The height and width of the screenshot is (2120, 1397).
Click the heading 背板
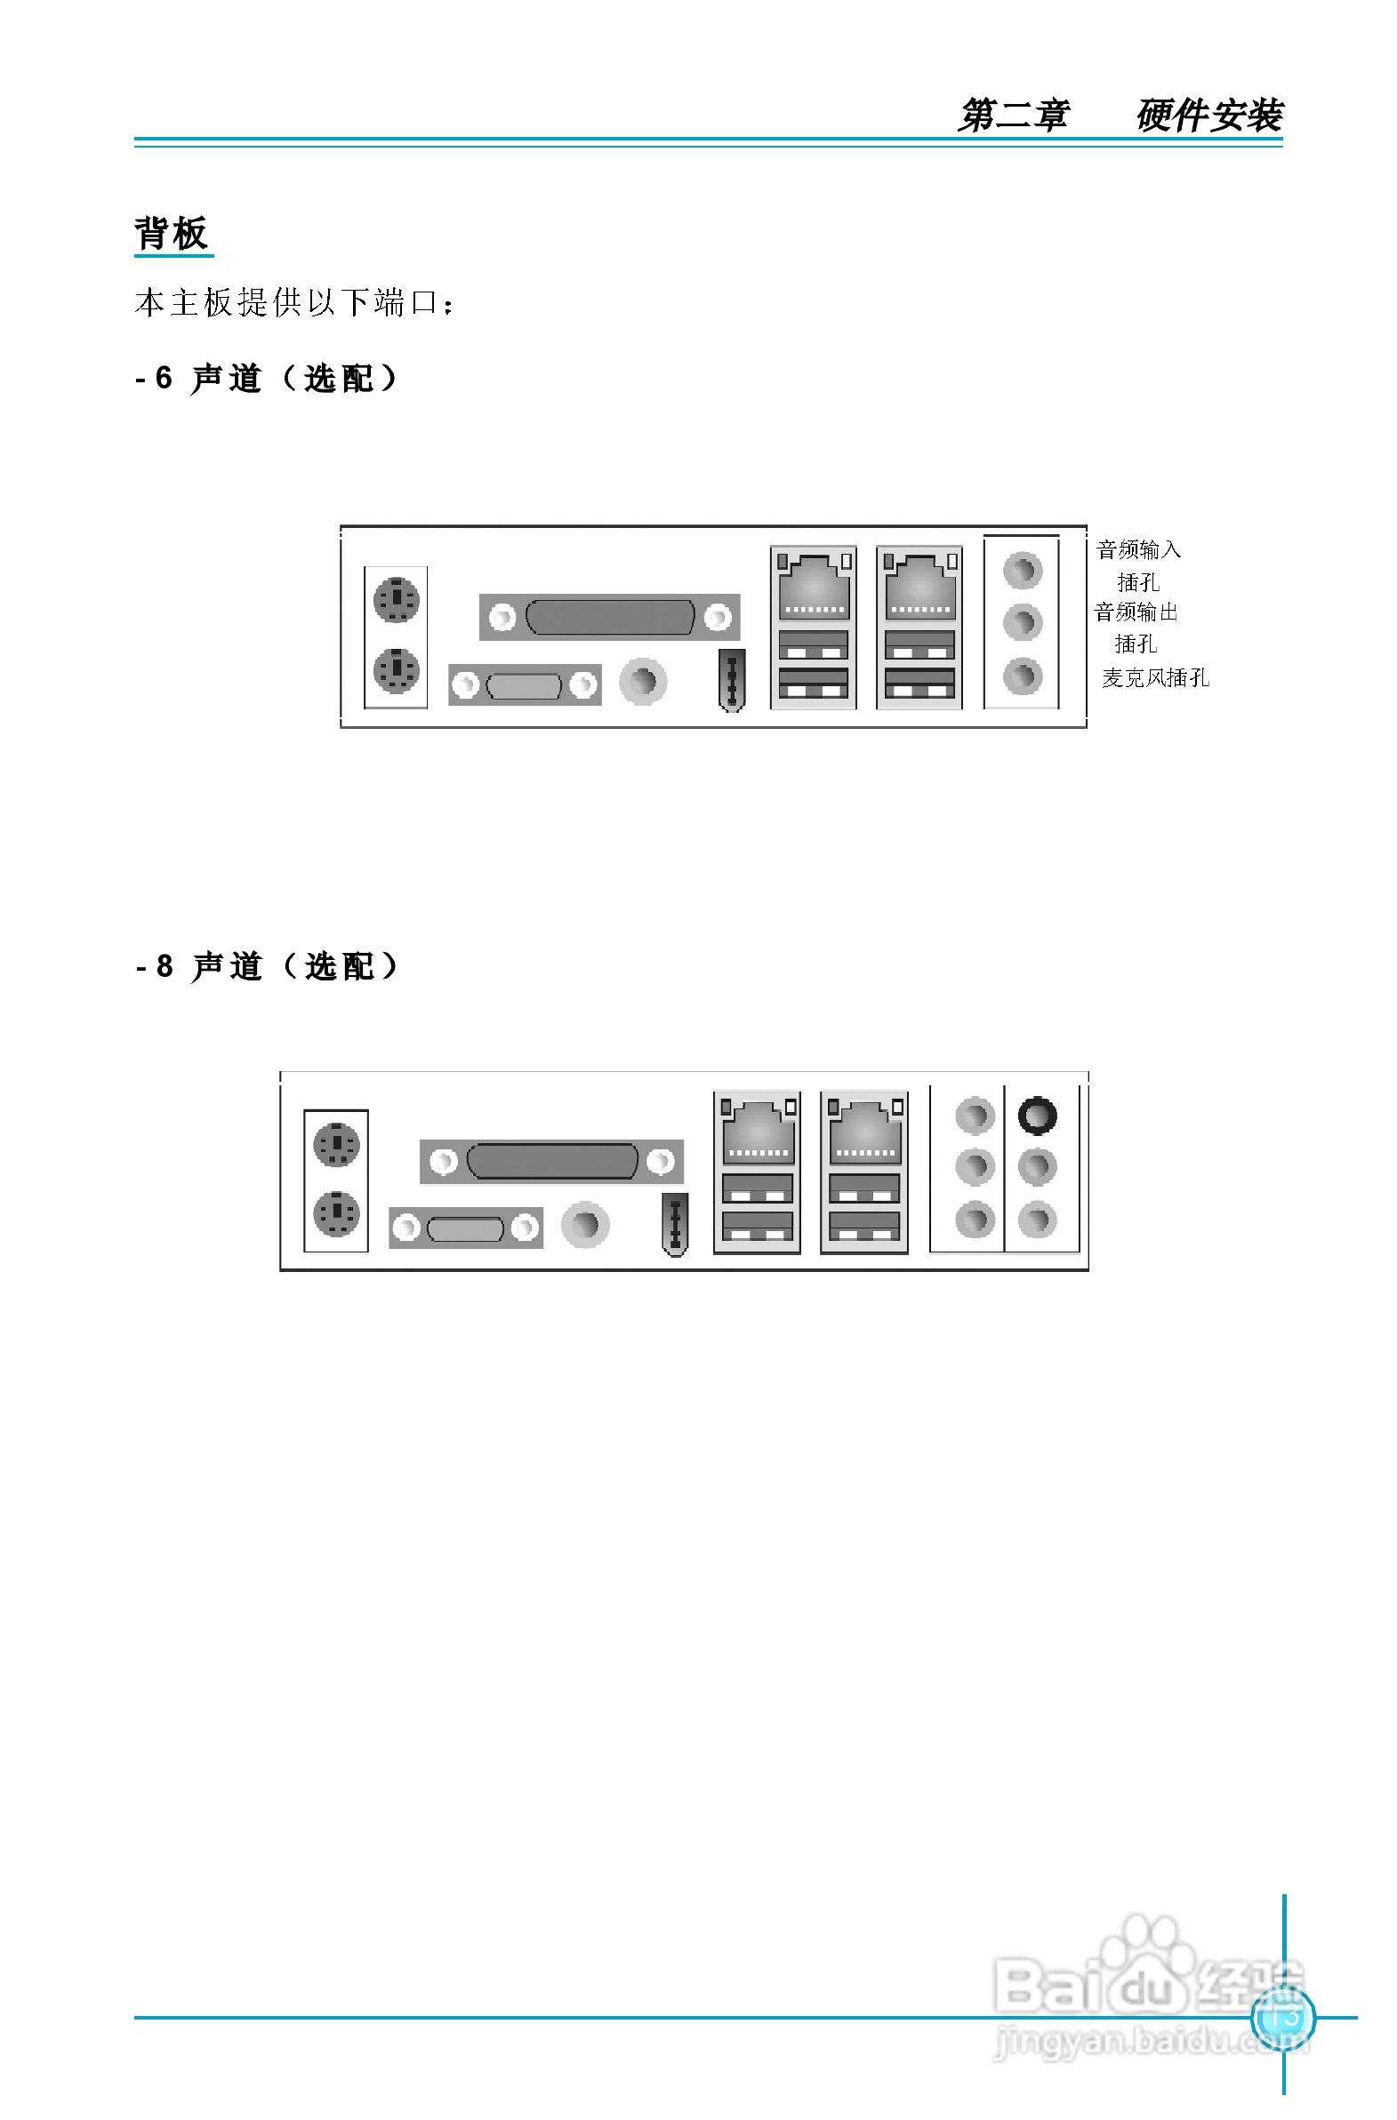tap(172, 234)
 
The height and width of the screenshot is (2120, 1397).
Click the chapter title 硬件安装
tap(1209, 116)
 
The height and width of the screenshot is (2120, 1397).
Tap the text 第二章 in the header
tap(1014, 116)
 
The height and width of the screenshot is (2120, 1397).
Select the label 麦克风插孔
tap(1155, 678)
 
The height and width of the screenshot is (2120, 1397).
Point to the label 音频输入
tap(1138, 549)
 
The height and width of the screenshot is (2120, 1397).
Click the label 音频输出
tap(1136, 612)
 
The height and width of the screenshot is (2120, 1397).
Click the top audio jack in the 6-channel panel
tap(1022, 570)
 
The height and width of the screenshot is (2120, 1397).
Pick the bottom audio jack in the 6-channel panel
tap(1022, 676)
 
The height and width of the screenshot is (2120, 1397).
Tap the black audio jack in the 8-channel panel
tap(1037, 1116)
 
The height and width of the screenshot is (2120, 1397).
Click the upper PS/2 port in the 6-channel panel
tap(397, 599)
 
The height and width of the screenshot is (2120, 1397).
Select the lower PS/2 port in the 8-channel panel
tap(336, 1213)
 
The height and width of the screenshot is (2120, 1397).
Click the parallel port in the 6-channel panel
tap(609, 617)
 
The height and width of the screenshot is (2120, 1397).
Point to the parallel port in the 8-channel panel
tap(551, 1161)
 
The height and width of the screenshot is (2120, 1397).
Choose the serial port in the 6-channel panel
tap(524, 685)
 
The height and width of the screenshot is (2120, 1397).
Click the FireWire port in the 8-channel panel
tap(675, 1224)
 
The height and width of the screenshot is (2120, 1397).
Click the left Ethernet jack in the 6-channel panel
tap(814, 587)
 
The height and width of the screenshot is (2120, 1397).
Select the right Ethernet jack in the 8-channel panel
tap(864, 1131)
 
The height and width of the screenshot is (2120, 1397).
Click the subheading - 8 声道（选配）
tap(267, 966)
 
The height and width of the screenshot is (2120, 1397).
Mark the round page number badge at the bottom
tap(1283, 2017)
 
